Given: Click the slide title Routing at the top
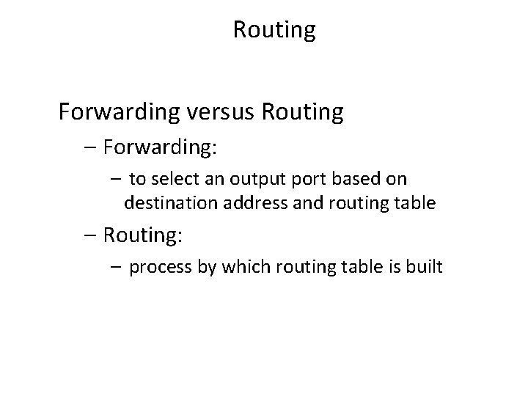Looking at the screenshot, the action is (x=274, y=31).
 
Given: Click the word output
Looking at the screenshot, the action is (x=247, y=179).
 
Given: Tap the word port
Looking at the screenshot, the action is (x=298, y=179).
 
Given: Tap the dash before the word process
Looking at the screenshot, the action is (x=115, y=266).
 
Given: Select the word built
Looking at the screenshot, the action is (x=425, y=266).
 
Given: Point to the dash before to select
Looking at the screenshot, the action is (x=115, y=179).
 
